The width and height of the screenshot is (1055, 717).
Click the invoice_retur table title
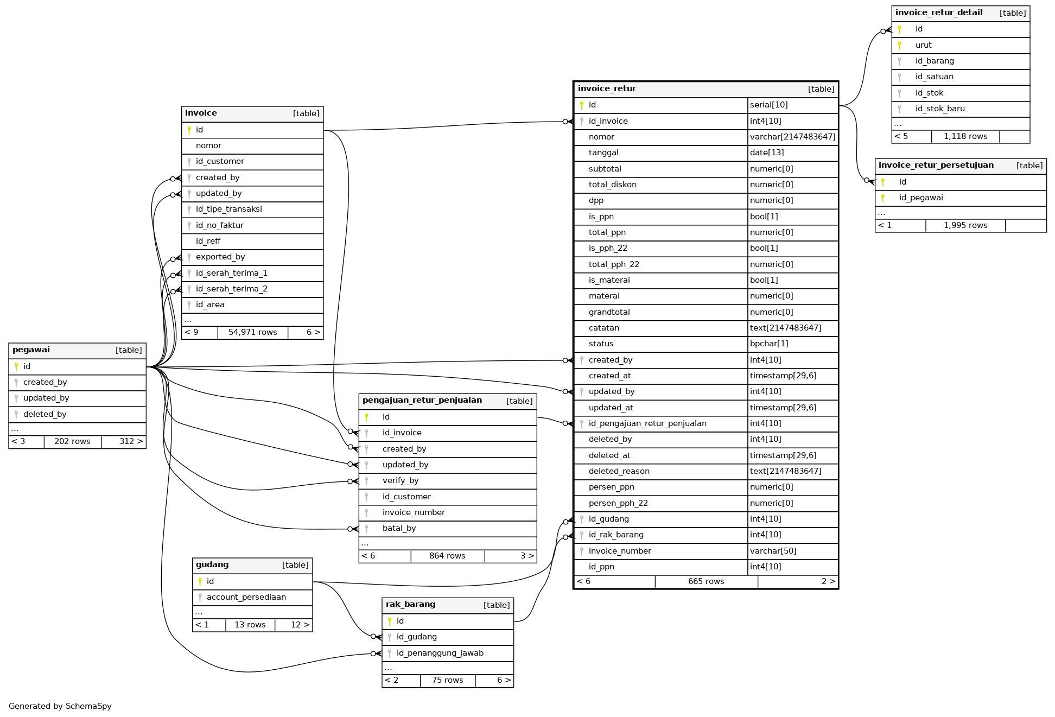coord(607,89)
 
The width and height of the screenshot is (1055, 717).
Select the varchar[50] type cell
coord(773,551)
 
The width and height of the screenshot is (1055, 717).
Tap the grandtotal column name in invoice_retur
coord(609,312)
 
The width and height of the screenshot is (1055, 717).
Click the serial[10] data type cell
coord(768,105)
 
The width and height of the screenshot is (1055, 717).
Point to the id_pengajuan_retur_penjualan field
coord(647,423)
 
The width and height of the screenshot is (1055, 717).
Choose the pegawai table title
coord(31,350)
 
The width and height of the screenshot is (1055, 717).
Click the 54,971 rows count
coord(252,332)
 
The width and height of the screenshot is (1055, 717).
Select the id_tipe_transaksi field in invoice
coord(228,209)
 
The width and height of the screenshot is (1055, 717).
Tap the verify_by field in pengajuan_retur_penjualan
coord(400,480)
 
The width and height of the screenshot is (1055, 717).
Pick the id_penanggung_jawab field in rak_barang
coord(440,653)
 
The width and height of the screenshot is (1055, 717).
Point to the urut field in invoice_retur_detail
coord(923,45)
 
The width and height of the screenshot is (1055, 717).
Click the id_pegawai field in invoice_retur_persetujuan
coord(920,198)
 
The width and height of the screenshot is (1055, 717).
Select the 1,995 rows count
coord(965,225)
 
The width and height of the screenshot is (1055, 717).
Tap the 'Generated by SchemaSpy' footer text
coord(60,706)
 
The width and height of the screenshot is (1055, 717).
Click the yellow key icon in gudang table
coord(200,581)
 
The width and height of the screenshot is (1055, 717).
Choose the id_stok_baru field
coord(939,109)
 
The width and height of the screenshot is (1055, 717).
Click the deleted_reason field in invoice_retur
coord(619,471)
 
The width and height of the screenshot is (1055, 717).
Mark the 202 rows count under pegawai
coord(72,441)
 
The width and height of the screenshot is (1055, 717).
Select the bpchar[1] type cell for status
coord(768,344)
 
